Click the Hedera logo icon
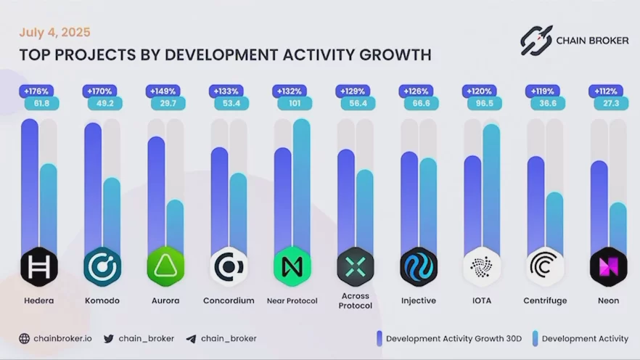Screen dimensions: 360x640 point(38,266)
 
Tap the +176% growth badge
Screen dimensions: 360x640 point(35,91)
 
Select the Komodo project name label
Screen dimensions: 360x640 point(102,300)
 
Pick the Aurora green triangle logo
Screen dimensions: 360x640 point(165,266)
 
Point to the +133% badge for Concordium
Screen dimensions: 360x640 point(224,91)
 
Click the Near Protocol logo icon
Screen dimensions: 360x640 point(292,266)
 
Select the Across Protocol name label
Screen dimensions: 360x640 point(355,300)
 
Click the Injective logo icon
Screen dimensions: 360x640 point(419,266)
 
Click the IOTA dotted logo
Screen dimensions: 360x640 point(482,266)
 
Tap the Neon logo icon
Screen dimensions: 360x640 point(608,266)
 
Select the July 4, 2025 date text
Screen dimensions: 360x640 point(54,33)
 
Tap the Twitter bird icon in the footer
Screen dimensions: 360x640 point(109,338)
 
